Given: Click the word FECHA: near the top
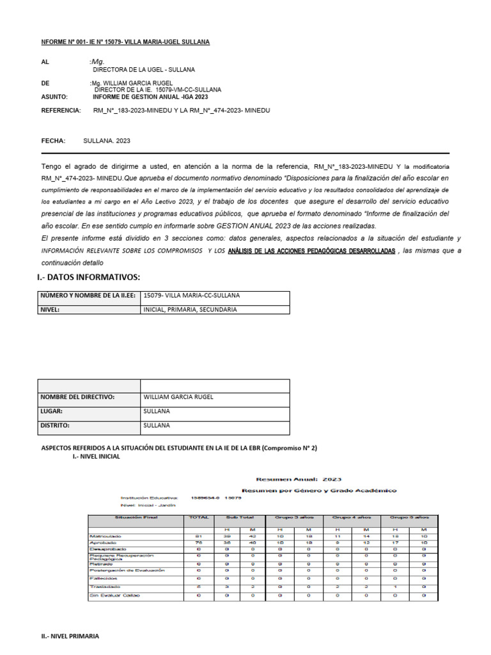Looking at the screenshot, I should coord(54,140).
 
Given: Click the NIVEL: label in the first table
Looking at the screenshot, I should coord(50,309).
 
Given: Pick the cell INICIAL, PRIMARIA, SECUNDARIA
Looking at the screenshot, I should coord(190,309).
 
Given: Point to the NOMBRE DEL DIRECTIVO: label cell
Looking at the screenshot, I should coord(77,397).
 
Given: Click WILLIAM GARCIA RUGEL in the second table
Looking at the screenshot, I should coord(178,397).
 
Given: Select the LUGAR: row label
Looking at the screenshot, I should coord(52,411).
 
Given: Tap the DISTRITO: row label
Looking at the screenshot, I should coord(56,425).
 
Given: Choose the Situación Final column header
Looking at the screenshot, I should coord(136,517).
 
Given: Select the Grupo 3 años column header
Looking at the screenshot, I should coord(293,517).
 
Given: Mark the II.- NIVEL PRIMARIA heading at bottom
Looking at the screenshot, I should coord(70,636).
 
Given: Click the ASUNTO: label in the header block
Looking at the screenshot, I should coord(56,97).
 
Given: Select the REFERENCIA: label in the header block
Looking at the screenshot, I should coord(61,111).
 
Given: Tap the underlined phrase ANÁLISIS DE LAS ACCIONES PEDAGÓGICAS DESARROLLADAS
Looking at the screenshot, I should coord(311,251).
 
